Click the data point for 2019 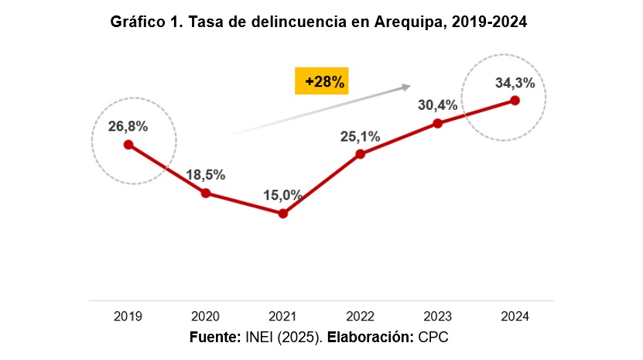tap(128, 145)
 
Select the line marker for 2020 tap(206, 193)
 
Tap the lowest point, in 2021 tap(283, 214)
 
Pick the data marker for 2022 tap(361, 154)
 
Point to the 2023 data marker tap(438, 123)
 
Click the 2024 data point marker tap(515, 100)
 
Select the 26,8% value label tap(128, 125)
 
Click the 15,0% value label tap(282, 194)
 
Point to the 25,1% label tap(360, 136)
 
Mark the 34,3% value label tap(515, 82)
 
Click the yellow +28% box tap(323, 81)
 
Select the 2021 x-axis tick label tap(283, 317)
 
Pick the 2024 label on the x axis tap(515, 317)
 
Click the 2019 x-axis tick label tap(128, 317)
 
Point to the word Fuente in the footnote tap(215, 338)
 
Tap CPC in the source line tap(433, 338)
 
